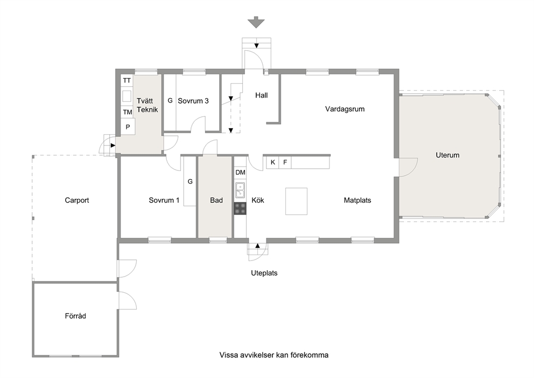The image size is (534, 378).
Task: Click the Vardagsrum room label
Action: [x=345, y=109]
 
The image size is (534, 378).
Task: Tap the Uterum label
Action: [x=447, y=155]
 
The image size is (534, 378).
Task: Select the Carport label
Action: [x=77, y=200]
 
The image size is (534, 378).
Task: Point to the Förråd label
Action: [x=75, y=316]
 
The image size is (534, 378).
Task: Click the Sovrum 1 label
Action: [x=164, y=200]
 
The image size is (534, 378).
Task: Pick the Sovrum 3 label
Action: [x=193, y=101]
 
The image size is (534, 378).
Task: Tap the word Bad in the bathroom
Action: [x=216, y=200]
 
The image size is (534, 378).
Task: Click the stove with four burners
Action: [x=240, y=209]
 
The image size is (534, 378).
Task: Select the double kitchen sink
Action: [x=240, y=190]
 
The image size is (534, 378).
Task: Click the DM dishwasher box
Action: [x=240, y=173]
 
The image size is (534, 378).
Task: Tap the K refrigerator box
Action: [x=273, y=162]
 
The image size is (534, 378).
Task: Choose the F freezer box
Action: [x=285, y=162]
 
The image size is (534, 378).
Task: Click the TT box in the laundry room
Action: [x=127, y=80]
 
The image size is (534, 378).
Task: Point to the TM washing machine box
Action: [x=128, y=112]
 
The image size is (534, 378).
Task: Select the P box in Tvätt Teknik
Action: [x=128, y=127]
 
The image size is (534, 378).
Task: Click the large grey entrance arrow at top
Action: [x=256, y=23]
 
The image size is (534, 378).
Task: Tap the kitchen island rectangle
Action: [x=296, y=201]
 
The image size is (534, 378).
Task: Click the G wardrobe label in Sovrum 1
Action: [x=190, y=182]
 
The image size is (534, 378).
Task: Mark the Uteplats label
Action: [x=264, y=273]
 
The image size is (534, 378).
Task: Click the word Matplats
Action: [x=357, y=200]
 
